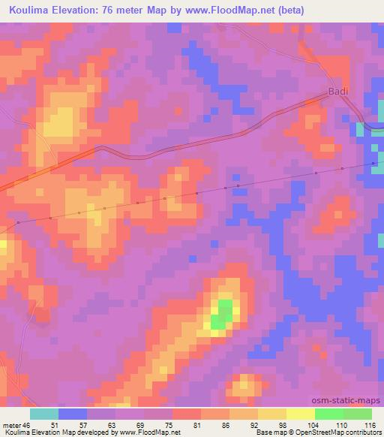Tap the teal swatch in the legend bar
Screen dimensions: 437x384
coord(44,414)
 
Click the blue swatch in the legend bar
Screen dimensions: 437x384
coord(73,414)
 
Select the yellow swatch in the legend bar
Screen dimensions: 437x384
coord(272,414)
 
